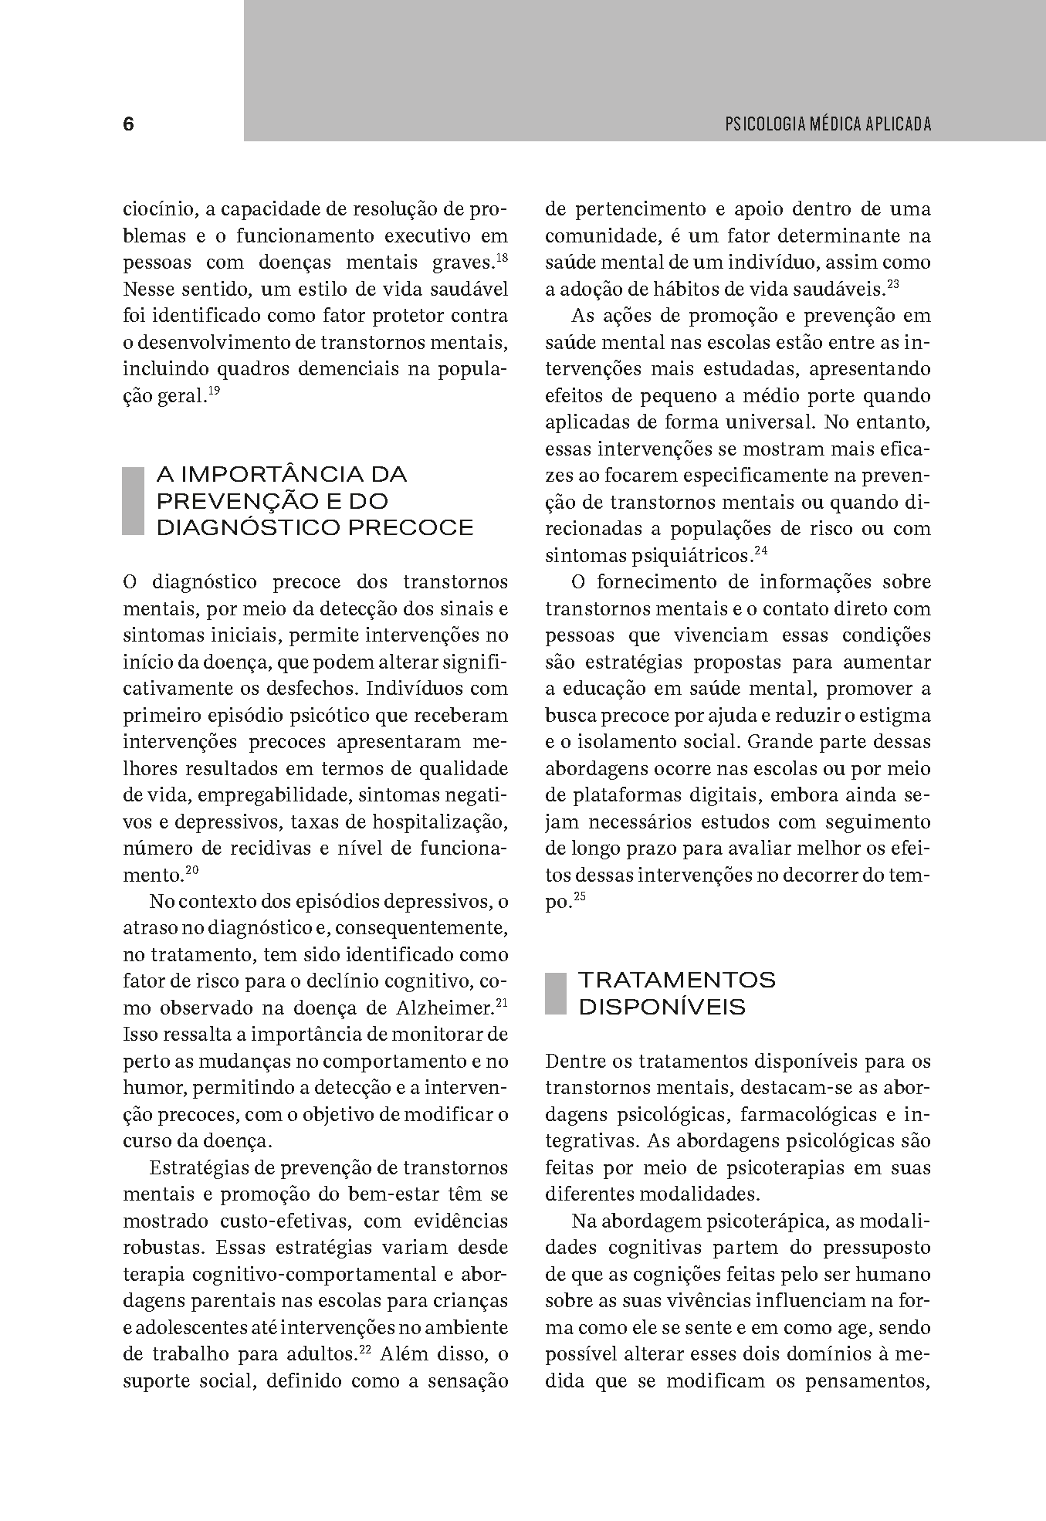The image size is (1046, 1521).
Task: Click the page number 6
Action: [x=128, y=124]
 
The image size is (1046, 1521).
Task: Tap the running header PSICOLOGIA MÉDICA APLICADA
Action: [x=828, y=124]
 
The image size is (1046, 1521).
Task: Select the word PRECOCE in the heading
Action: [x=411, y=528]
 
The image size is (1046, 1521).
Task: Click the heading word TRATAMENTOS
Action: [x=677, y=981]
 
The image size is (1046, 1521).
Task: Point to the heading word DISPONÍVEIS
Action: [x=662, y=1008]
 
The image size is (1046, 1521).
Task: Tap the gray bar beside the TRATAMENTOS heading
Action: [x=556, y=994]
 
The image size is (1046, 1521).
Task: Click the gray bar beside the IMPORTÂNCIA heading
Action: [x=134, y=501]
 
